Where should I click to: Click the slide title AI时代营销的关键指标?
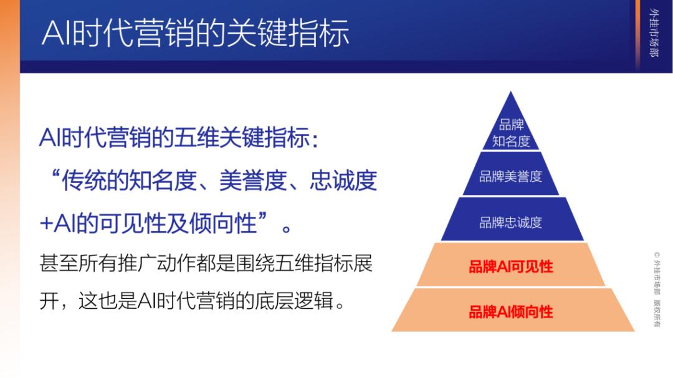pyautogui.click(x=195, y=33)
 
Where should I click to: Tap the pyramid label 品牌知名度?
pyautogui.click(x=511, y=133)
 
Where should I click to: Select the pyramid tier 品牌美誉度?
pyautogui.click(x=511, y=176)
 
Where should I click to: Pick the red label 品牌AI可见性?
pyautogui.click(x=511, y=267)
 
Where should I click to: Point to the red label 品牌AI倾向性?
pyautogui.click(x=511, y=311)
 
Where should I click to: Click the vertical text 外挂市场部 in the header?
pyautogui.click(x=654, y=32)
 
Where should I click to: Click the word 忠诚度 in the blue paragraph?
pyautogui.click(x=343, y=180)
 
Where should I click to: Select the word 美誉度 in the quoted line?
pyautogui.click(x=253, y=180)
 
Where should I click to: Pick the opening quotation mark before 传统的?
pyautogui.click(x=55, y=174)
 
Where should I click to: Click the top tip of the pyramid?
pyautogui.click(x=511, y=92)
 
